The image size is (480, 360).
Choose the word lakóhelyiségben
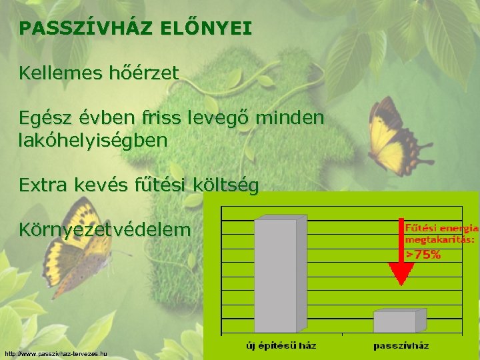93,141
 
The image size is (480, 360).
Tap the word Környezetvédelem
105,231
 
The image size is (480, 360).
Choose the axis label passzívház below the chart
401,345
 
